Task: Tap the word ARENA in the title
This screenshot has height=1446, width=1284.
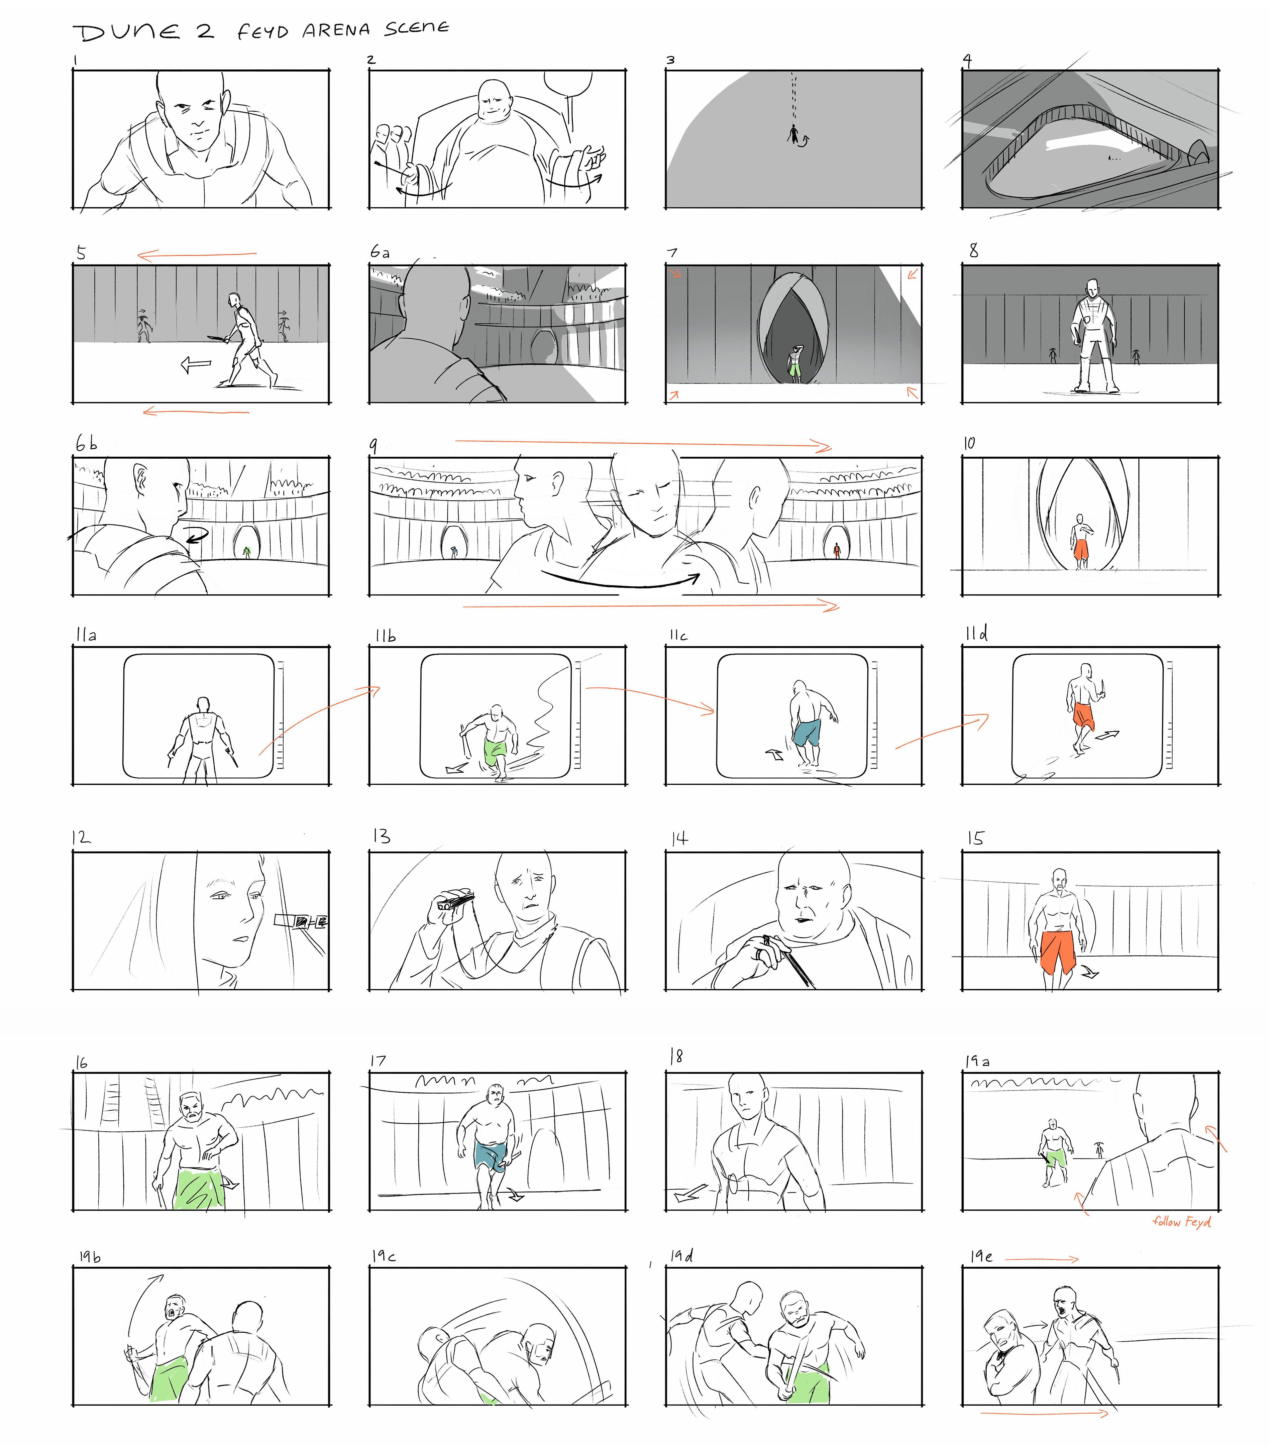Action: tap(336, 30)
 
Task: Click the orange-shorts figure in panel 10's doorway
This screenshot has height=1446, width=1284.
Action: tap(1080, 541)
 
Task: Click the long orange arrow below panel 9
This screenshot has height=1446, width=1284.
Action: tap(651, 605)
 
